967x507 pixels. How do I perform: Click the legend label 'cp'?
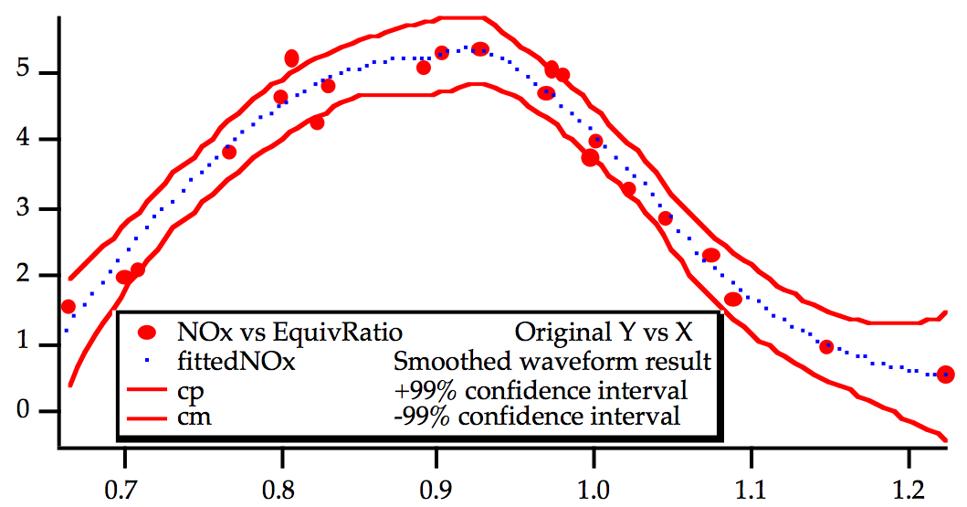click(190, 391)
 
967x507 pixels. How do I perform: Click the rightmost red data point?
click(946, 374)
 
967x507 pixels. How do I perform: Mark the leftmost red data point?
click(68, 306)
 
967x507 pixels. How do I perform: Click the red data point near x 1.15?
click(826, 346)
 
